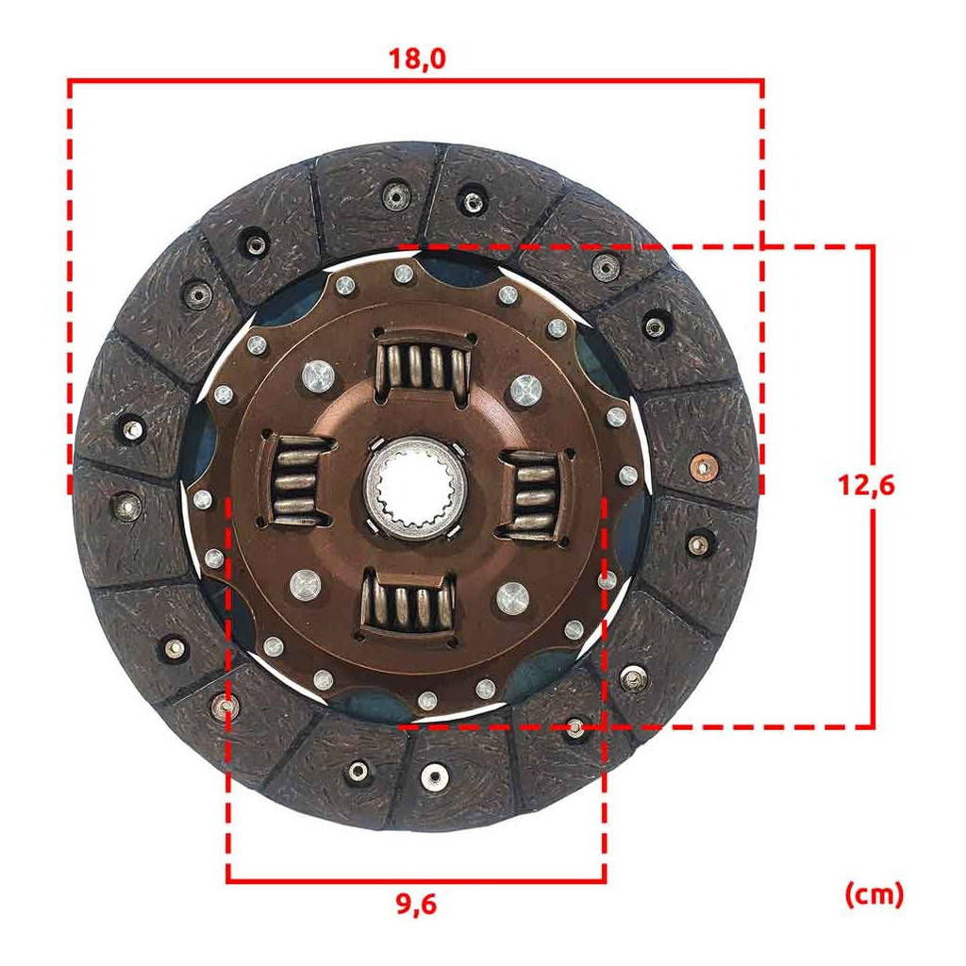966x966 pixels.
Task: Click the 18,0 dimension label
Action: coord(416,59)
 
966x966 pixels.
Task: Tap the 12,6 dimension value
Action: coord(866,486)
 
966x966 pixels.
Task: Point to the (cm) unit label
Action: coord(874,894)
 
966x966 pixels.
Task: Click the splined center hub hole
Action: coord(416,486)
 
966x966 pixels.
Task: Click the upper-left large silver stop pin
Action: coord(319,375)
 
